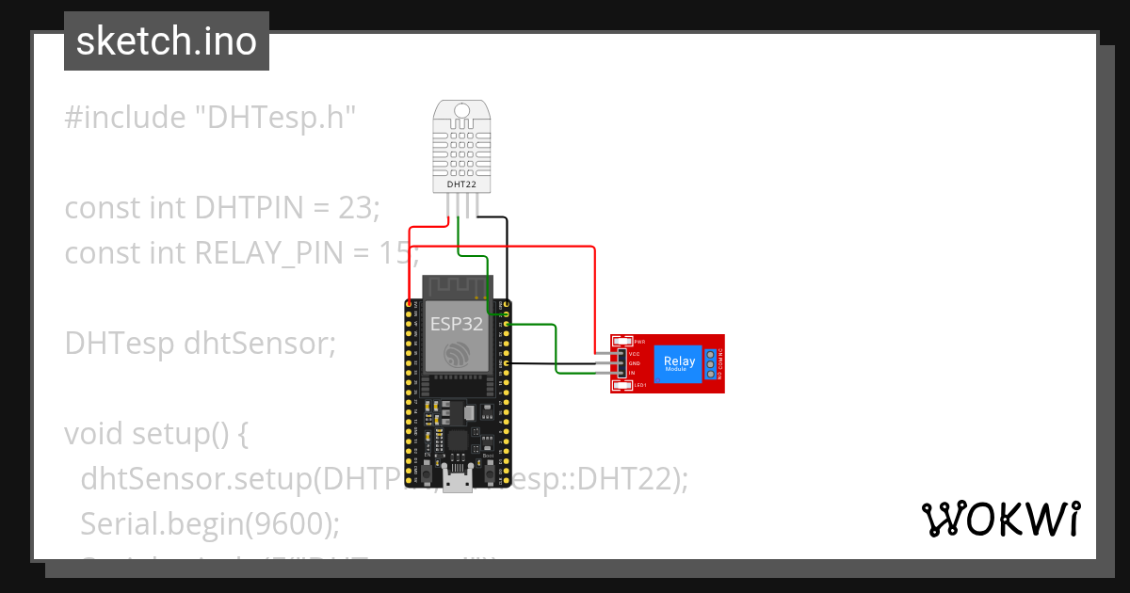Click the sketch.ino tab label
166,41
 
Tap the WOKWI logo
1000,519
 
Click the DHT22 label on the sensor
460,184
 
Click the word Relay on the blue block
679,361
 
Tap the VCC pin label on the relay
635,354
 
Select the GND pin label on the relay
635,363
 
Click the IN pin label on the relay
633,373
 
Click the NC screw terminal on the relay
710,354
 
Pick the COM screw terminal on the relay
710,363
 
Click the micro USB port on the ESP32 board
459,483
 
